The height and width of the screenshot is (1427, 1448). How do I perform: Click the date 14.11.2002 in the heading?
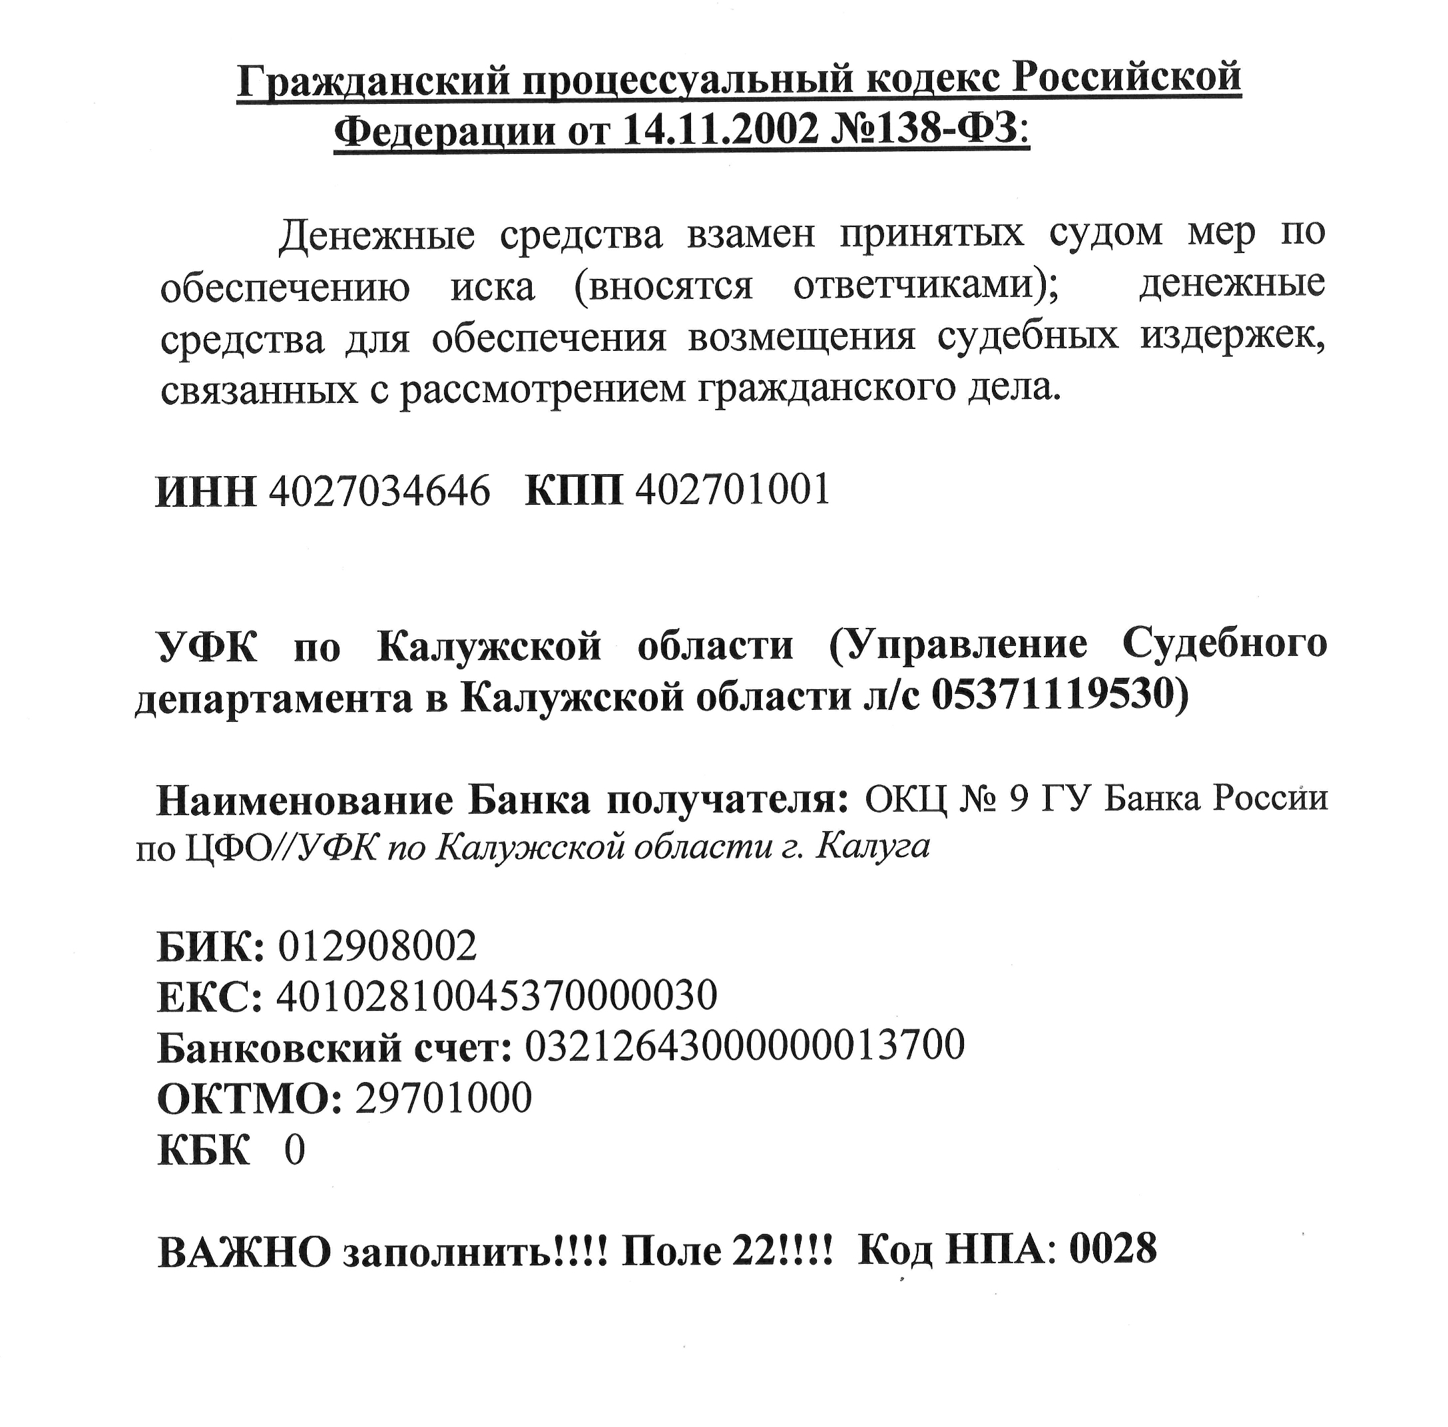click(719, 131)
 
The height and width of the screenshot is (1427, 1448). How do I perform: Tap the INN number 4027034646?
click(379, 490)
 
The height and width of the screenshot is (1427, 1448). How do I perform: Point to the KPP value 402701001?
click(732, 490)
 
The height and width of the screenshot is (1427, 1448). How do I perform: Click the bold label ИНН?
click(205, 491)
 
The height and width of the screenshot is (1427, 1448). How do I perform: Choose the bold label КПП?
click(574, 491)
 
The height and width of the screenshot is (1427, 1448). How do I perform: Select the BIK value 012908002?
click(377, 946)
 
